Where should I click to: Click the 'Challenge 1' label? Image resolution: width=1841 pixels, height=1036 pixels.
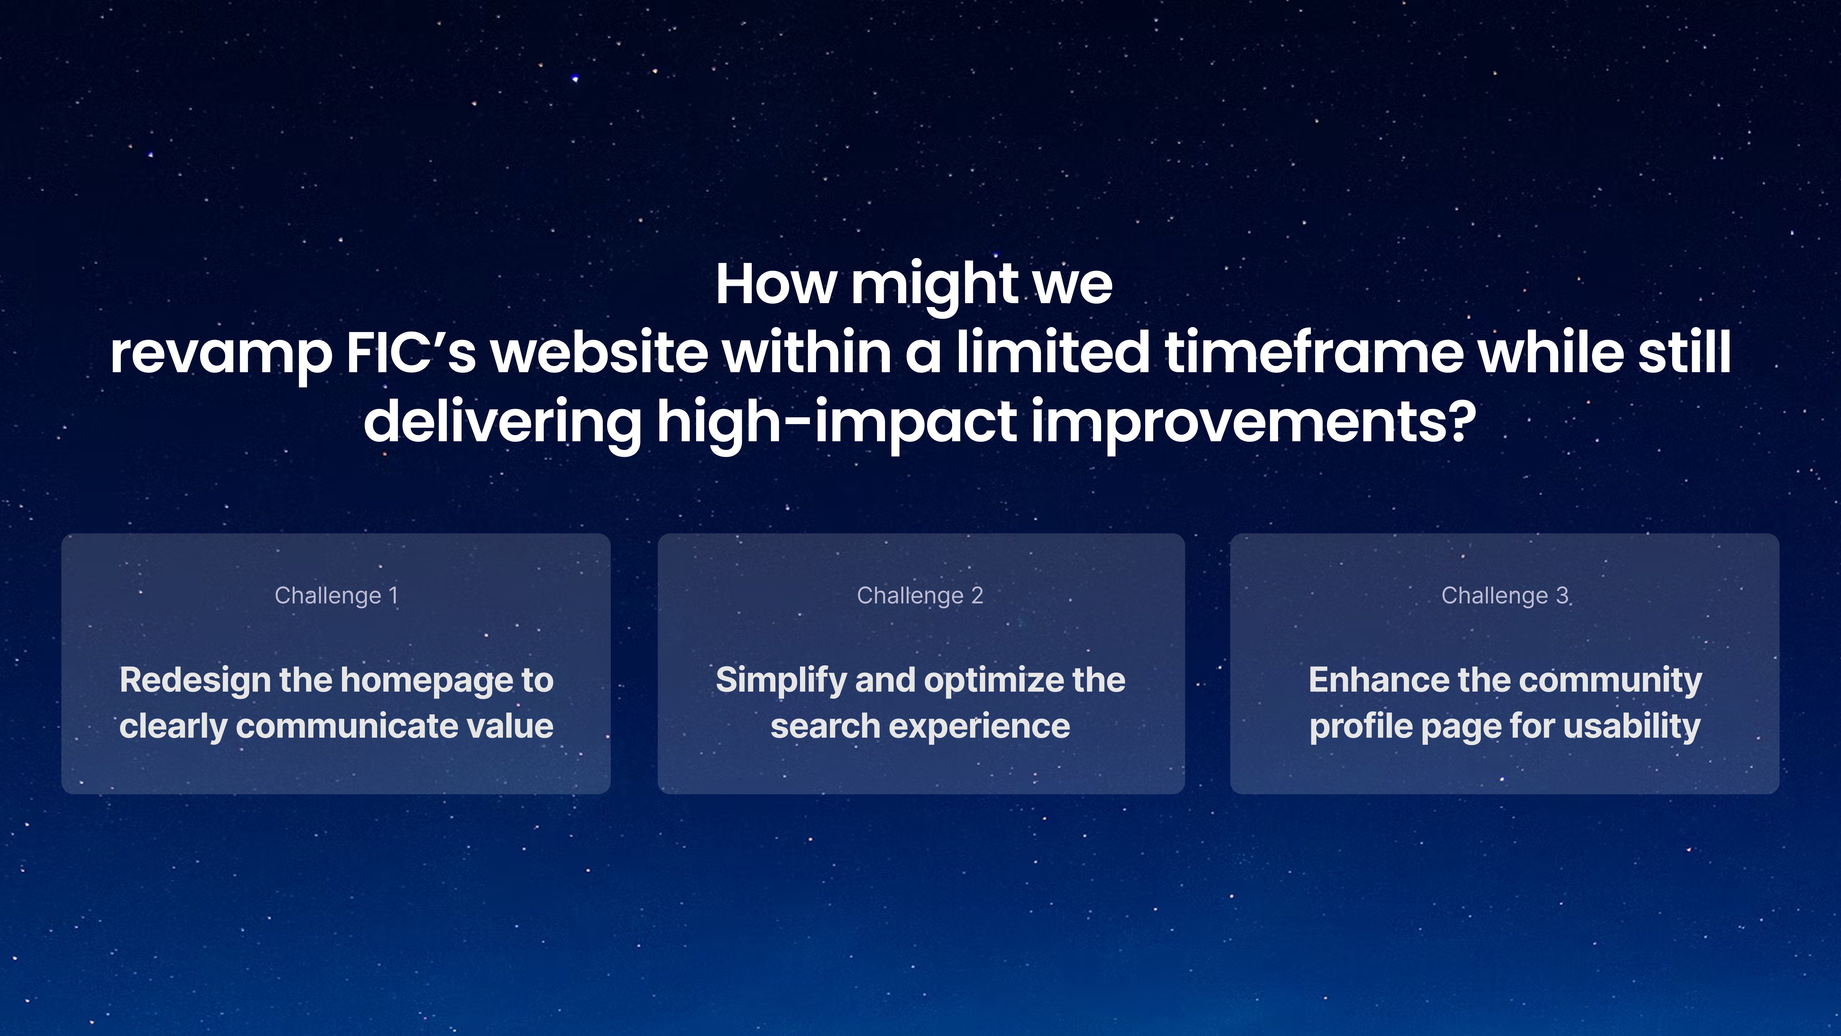click(336, 596)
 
